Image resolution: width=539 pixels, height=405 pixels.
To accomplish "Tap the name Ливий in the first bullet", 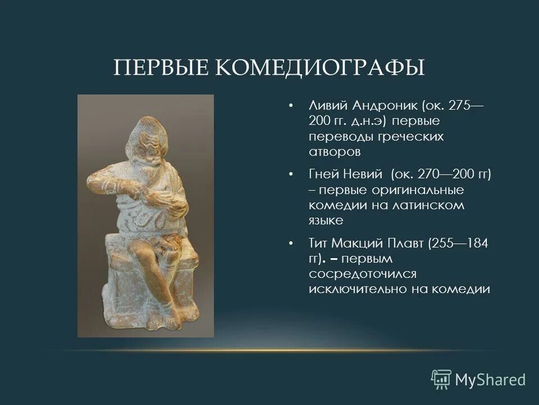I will pyautogui.click(x=327, y=106).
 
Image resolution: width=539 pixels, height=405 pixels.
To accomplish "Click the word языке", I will pyautogui.click(x=326, y=221).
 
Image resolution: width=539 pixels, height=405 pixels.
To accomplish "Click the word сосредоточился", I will pyautogui.click(x=362, y=274).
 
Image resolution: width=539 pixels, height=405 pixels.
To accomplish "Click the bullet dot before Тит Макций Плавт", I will pyautogui.click(x=290, y=244).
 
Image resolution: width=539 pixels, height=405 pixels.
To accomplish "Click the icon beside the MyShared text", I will pyautogui.click(x=441, y=379).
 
